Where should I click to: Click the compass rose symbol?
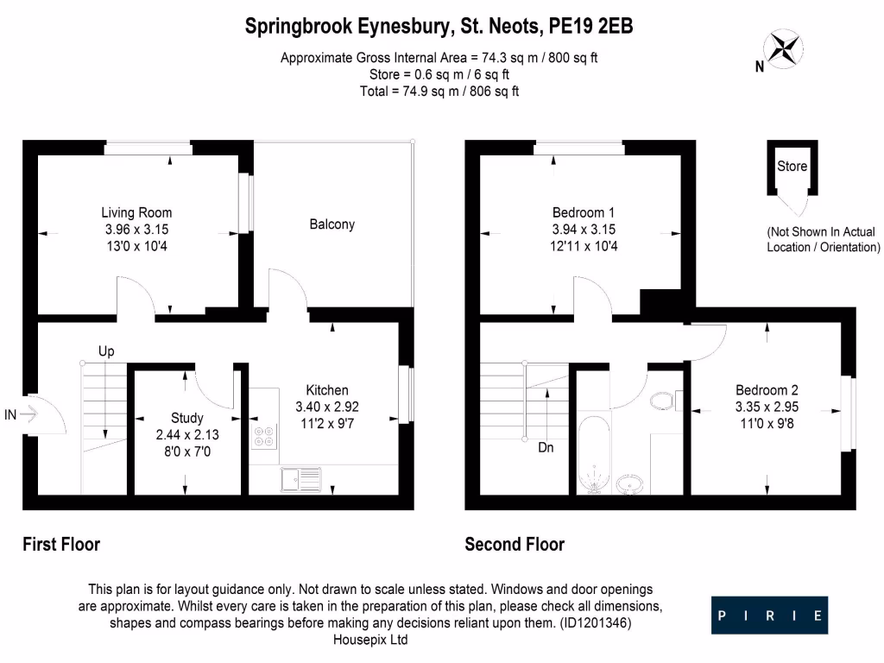[x=785, y=48]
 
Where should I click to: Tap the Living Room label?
[x=136, y=212]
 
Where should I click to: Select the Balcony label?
[x=332, y=224]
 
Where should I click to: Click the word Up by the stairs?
[x=106, y=351]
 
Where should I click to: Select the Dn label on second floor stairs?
[x=546, y=448]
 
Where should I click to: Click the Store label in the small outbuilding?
[x=792, y=166]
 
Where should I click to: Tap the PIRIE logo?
[x=769, y=616]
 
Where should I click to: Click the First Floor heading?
[x=60, y=545]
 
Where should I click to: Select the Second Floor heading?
[x=515, y=545]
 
